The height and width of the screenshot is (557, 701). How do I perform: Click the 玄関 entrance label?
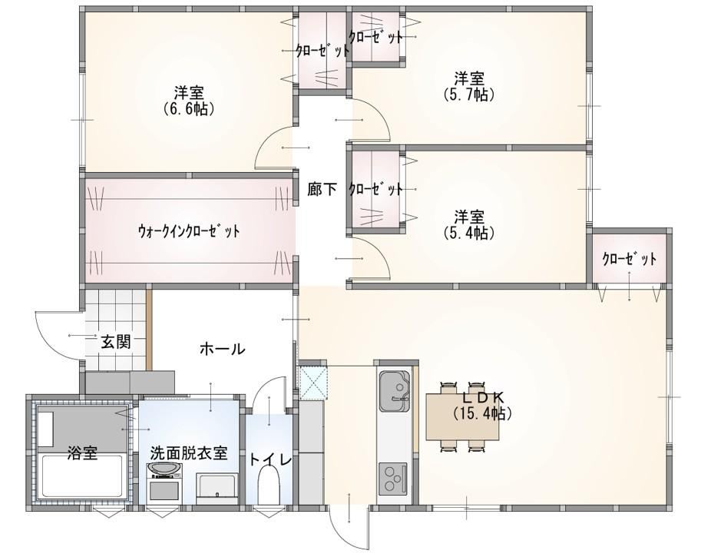click(x=115, y=342)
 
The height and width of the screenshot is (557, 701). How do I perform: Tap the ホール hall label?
click(x=222, y=349)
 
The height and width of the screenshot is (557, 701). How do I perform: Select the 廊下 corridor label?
click(x=322, y=189)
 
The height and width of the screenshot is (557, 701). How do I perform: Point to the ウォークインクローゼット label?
click(x=188, y=230)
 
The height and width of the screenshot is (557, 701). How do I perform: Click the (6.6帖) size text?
click(x=189, y=109)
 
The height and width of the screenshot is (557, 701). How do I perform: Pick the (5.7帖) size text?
click(x=469, y=94)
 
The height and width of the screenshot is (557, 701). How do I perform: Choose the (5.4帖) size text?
click(x=469, y=233)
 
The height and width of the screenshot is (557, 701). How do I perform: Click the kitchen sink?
click(x=394, y=391)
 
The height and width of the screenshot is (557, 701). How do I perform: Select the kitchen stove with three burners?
click(x=393, y=479)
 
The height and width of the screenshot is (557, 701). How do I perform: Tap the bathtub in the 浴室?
click(x=82, y=476)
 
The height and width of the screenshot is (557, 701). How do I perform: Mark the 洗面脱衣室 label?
click(x=189, y=453)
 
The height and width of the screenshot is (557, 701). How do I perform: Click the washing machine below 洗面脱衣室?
click(x=165, y=485)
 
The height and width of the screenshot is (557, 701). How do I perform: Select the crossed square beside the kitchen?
click(x=313, y=383)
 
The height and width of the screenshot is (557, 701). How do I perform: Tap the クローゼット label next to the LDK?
click(x=630, y=259)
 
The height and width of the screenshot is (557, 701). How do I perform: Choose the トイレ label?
click(x=270, y=459)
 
